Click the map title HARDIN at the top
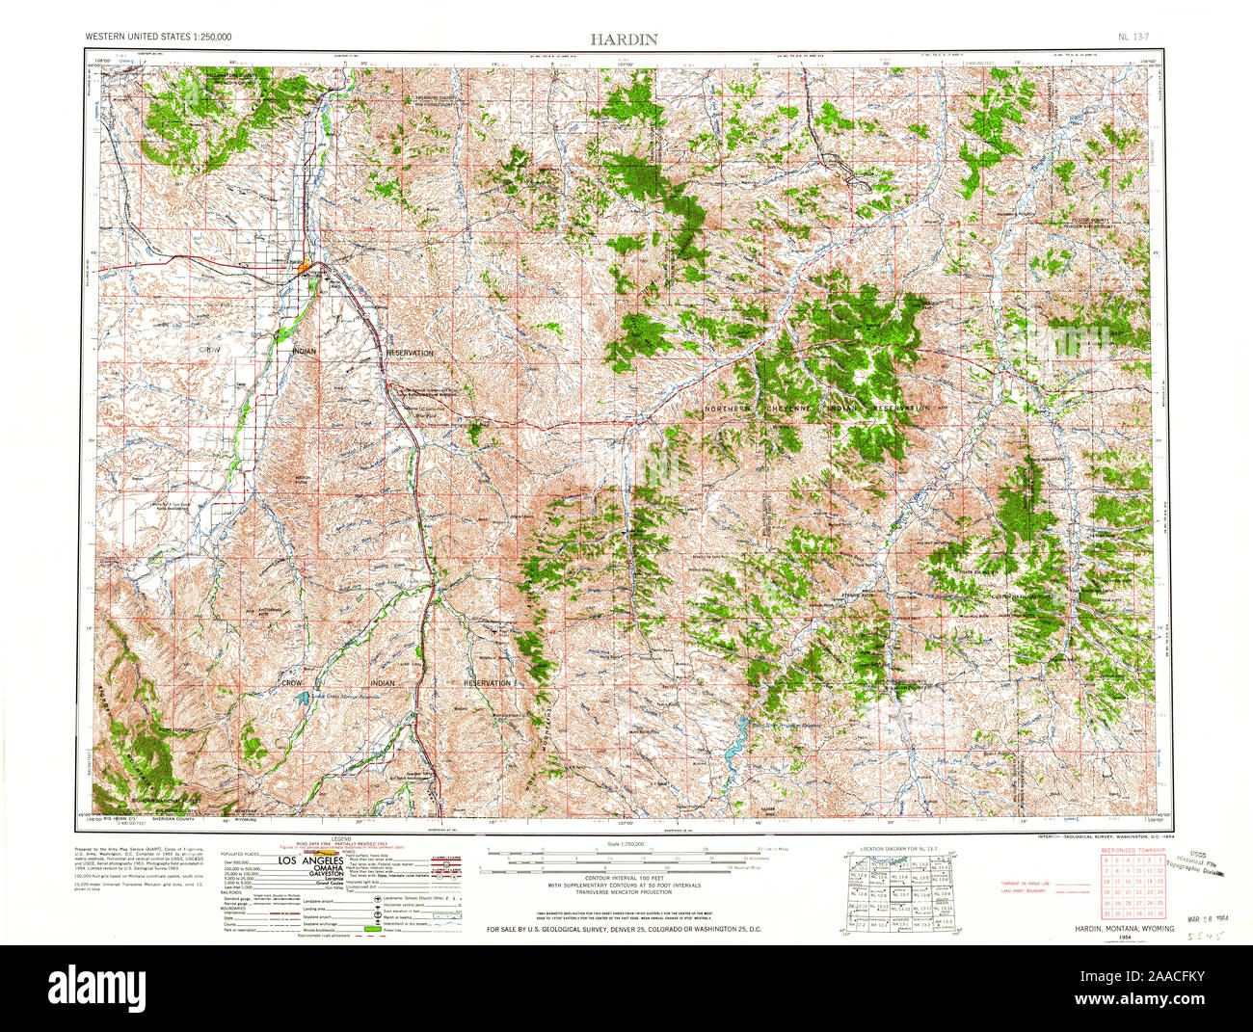click(x=625, y=39)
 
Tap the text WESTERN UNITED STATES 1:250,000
click(x=158, y=38)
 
